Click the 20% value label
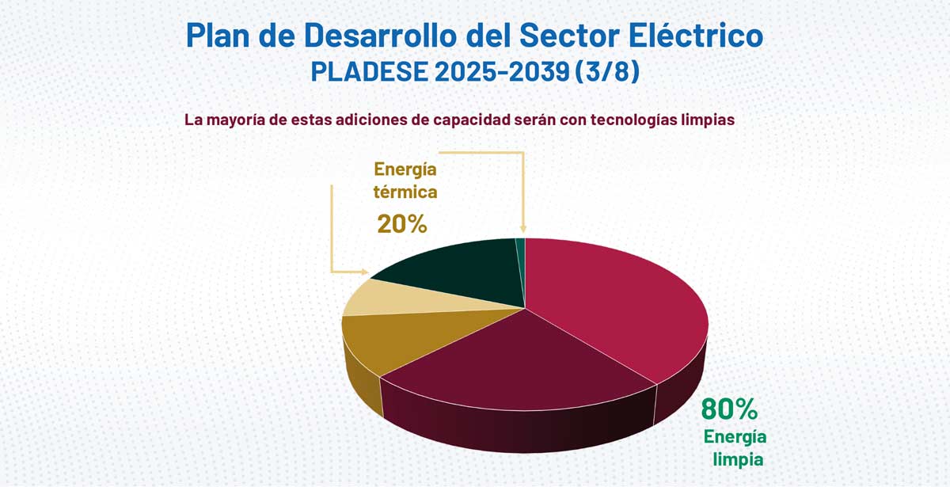(x=402, y=224)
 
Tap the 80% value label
(x=729, y=409)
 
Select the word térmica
(x=405, y=192)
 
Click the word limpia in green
(x=738, y=458)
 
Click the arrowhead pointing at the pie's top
(x=522, y=232)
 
